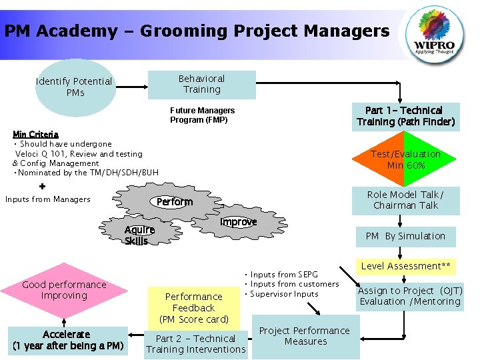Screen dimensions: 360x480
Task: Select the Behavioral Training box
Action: pyautogui.click(x=202, y=85)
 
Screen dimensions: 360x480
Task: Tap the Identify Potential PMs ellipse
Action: pyautogui.click(x=73, y=87)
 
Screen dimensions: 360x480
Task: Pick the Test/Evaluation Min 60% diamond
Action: pyautogui.click(x=405, y=159)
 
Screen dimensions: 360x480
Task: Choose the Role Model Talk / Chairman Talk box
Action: pyautogui.click(x=405, y=200)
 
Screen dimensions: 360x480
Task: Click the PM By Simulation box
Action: pyautogui.click(x=405, y=236)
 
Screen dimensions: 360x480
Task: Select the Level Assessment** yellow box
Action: pyautogui.click(x=405, y=266)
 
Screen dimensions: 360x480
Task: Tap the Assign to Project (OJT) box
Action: pyautogui.click(x=410, y=296)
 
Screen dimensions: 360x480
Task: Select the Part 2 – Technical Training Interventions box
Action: pyautogui.click(x=196, y=344)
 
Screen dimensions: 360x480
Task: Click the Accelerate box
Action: pyautogui.click(x=67, y=341)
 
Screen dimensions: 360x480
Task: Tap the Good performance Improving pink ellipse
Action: pyautogui.click(x=64, y=290)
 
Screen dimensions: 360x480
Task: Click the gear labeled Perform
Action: pyautogui.click(x=174, y=202)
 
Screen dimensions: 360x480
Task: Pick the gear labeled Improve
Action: pyautogui.click(x=239, y=222)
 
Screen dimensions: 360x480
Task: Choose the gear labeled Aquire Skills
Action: pyautogui.click(x=139, y=235)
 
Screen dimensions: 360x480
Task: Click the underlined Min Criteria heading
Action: pyautogui.click(x=35, y=134)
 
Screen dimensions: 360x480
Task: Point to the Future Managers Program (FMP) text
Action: pyautogui.click(x=202, y=115)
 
